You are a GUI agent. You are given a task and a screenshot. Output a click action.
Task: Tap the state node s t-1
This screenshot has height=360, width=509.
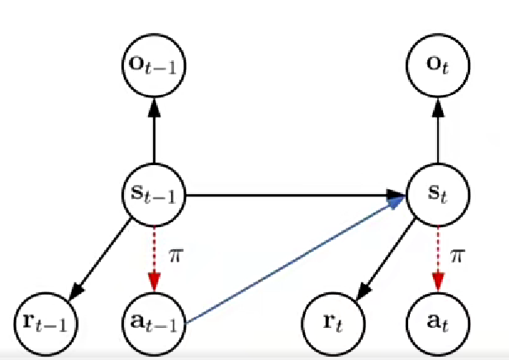[153, 197]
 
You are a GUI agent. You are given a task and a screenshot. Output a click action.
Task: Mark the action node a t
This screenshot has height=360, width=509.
[437, 317]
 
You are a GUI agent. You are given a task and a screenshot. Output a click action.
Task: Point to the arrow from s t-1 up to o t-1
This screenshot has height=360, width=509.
[153, 132]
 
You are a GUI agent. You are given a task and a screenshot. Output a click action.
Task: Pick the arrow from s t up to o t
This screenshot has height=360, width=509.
[437, 132]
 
